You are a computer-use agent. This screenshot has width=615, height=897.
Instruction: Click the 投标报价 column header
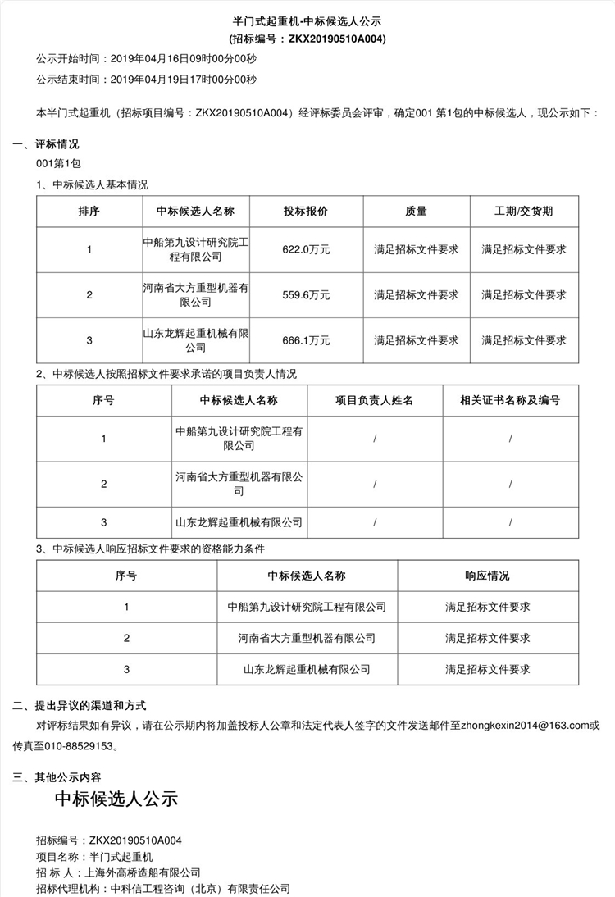[x=307, y=212]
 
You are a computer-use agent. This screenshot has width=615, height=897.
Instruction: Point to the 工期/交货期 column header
[x=524, y=212]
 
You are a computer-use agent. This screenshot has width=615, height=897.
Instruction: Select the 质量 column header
[x=416, y=212]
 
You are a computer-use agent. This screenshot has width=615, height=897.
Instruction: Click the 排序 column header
[x=89, y=212]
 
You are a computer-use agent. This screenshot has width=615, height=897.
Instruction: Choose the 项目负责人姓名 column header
[x=374, y=401]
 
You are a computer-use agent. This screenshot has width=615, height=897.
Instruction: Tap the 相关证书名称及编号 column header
[x=510, y=401]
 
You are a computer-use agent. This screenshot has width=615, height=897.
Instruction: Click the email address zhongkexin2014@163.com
[x=525, y=726]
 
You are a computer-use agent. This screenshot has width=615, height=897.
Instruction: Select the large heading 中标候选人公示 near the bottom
[x=116, y=799]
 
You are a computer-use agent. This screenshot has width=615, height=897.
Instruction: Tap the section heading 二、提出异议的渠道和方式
[x=79, y=705]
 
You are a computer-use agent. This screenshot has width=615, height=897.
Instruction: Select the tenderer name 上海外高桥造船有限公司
[x=143, y=872]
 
